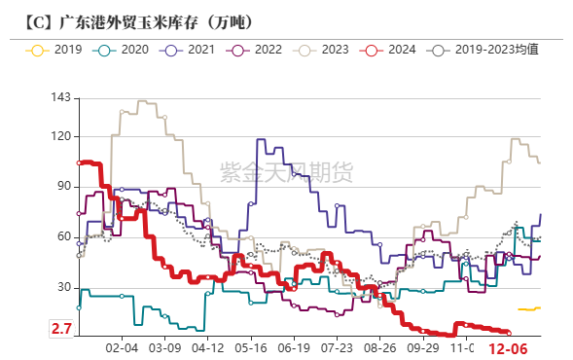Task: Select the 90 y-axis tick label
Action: click(x=63, y=186)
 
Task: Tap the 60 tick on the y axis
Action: click(x=63, y=236)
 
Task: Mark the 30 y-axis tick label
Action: click(x=63, y=287)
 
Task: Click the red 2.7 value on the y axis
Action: click(x=61, y=331)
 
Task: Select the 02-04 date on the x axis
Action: click(x=121, y=347)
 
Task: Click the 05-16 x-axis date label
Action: click(x=250, y=347)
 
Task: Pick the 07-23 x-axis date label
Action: click(x=337, y=347)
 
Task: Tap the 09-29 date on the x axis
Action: click(x=423, y=347)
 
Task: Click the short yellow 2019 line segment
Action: click(x=530, y=308)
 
